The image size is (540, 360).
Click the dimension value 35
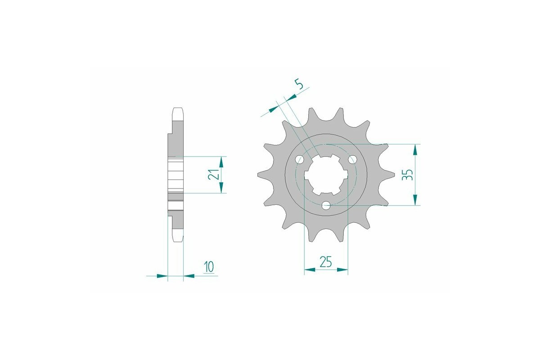click(x=408, y=175)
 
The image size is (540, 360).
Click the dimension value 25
click(x=326, y=261)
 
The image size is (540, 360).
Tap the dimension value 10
click(x=208, y=267)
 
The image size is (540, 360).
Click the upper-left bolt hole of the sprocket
click(x=300, y=160)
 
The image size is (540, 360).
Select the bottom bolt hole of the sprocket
click(x=327, y=206)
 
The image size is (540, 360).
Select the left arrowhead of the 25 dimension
click(x=310, y=270)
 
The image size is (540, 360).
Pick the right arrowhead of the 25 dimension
click(x=343, y=270)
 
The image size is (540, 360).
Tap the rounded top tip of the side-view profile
click(x=177, y=109)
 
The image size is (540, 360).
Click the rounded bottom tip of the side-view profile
click(x=177, y=240)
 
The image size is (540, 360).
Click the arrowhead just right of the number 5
click(x=292, y=97)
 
